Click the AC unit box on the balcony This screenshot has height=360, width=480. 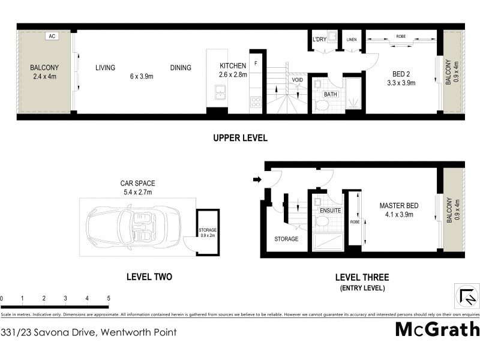click(52, 36)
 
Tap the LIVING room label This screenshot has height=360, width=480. click(105, 68)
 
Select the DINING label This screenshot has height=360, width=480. click(181, 68)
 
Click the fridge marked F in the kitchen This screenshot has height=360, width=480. click(256, 62)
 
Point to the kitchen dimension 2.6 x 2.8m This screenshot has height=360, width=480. click(233, 76)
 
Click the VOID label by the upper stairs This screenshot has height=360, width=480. click(298, 80)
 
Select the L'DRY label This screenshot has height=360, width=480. click(320, 40)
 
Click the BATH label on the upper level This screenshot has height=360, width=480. click(331, 95)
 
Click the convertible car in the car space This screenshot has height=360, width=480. click(133, 227)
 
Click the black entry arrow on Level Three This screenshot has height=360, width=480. click(257, 179)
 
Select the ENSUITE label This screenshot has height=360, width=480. click(330, 211)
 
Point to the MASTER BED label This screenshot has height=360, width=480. click(399, 206)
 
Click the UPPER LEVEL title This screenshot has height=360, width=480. click(240, 138)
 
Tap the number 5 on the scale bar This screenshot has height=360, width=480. click(109, 298)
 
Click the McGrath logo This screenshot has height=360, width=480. click(437, 329)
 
